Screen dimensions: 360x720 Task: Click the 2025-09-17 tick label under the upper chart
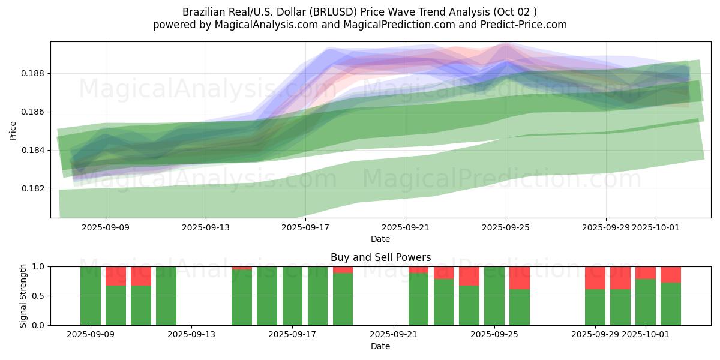[x=305, y=227]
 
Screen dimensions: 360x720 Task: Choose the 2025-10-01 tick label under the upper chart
[x=656, y=227]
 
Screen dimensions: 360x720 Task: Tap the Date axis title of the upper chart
[x=380, y=239]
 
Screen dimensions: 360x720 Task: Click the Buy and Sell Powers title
[x=380, y=257]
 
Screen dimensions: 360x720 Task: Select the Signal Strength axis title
[x=23, y=296]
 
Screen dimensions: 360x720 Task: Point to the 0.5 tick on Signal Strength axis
[x=38, y=296]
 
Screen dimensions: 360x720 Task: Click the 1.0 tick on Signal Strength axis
[x=38, y=266]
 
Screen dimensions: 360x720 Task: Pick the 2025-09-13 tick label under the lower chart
[x=191, y=335]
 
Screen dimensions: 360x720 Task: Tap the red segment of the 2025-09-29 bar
[x=595, y=278]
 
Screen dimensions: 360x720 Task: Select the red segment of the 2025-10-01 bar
[x=646, y=272]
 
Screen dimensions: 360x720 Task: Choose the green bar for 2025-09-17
[x=292, y=296]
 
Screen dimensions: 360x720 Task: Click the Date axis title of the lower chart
[x=380, y=346]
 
